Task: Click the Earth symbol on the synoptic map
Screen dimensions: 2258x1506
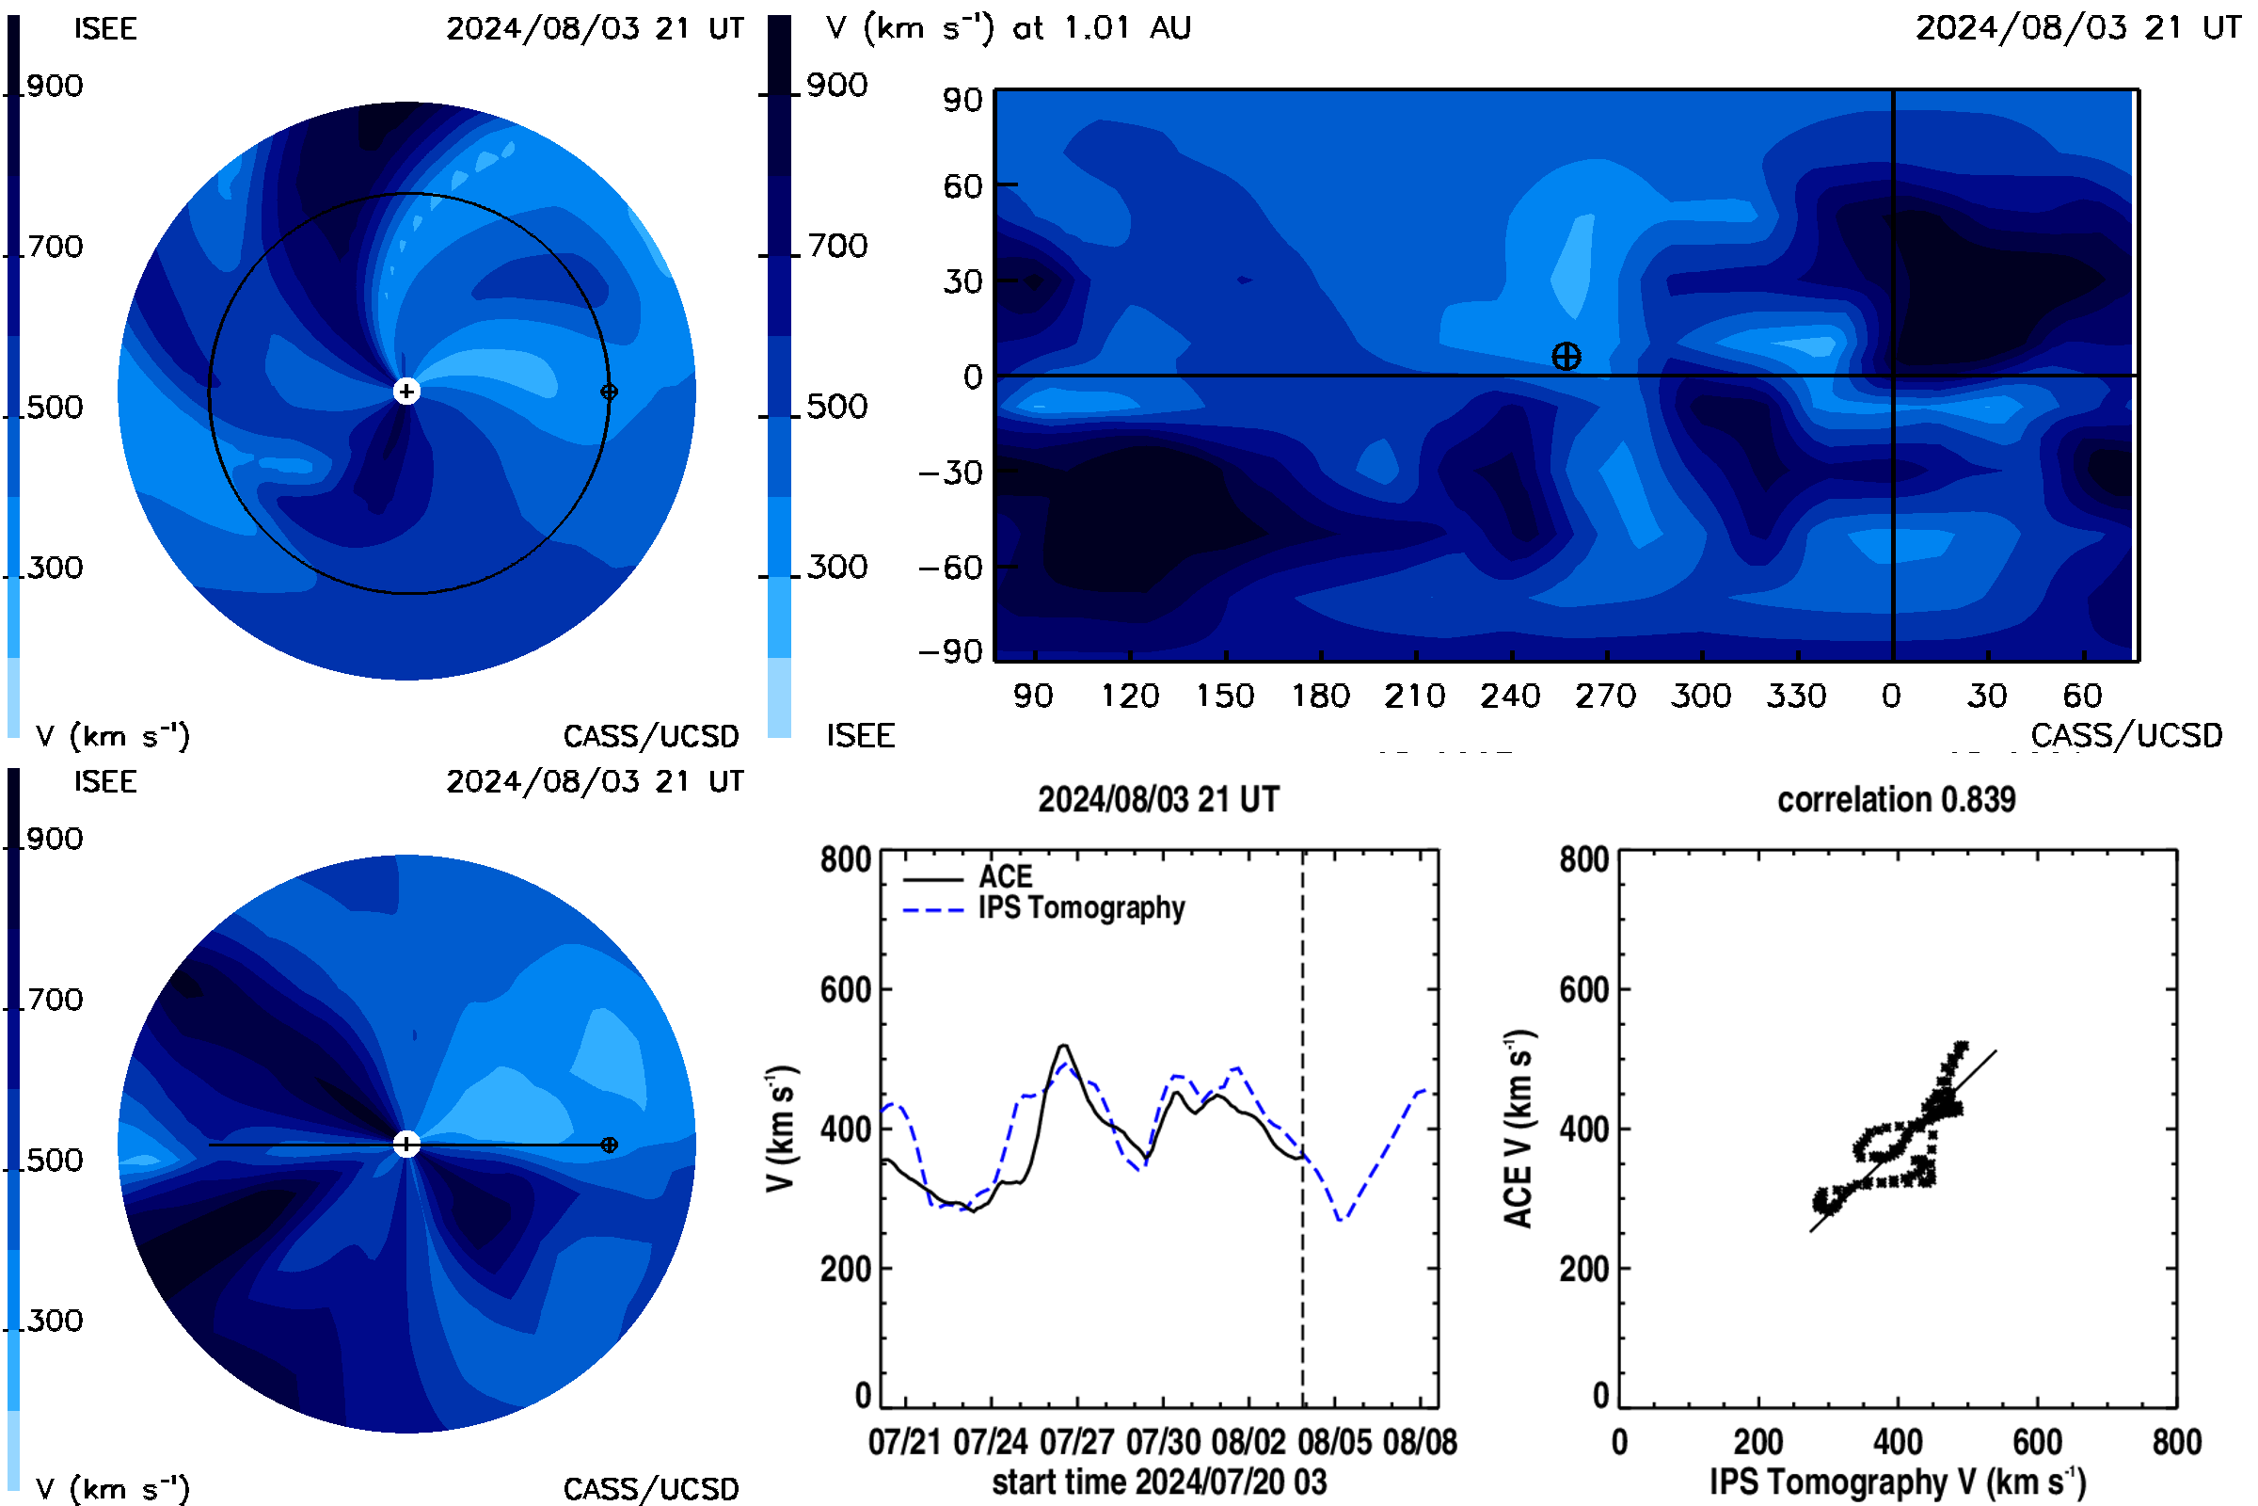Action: coord(1566,357)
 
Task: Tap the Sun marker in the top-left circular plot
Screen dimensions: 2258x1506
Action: coord(406,391)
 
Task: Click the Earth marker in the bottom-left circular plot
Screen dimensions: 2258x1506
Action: coord(609,1145)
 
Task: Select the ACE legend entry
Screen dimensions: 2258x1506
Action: coord(968,877)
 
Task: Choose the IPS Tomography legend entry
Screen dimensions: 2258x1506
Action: coord(1043,908)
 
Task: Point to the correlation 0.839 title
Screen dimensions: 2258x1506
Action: coord(1896,799)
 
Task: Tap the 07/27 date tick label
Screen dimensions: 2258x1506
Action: coord(1076,1442)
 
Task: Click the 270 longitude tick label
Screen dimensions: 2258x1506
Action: coord(1605,696)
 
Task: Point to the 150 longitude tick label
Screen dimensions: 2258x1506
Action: coord(1225,696)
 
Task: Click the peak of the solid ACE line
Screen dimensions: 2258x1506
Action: coord(1063,1045)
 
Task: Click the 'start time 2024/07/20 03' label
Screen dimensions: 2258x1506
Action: coord(1159,1482)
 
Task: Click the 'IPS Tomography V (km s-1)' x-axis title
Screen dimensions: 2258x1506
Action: coord(1897,1482)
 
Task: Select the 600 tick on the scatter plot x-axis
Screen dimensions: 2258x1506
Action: coord(2037,1442)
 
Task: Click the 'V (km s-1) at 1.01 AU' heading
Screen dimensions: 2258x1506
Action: coord(1008,28)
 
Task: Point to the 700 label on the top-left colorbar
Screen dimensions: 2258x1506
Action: coord(55,247)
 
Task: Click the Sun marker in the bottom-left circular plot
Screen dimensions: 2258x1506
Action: coord(406,1144)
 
